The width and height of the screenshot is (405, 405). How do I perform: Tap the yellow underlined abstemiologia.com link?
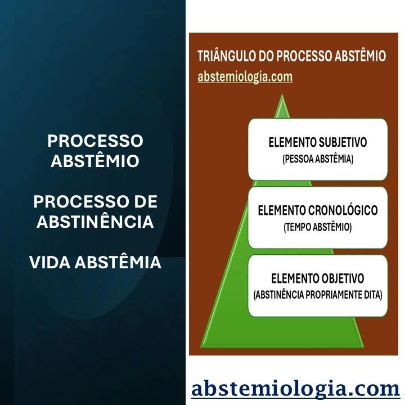click(245, 76)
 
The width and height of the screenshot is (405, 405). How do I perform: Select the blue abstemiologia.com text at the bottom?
click(295, 389)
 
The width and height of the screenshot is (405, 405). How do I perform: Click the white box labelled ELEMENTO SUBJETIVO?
click(318, 149)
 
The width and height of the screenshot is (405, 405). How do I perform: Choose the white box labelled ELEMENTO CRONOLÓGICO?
click(318, 218)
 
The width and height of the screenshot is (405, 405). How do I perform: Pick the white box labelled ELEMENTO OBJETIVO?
click(318, 285)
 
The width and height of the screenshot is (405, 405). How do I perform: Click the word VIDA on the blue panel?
click(52, 262)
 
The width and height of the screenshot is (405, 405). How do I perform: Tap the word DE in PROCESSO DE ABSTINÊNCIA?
click(146, 202)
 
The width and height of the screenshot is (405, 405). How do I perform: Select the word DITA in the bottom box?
click(372, 295)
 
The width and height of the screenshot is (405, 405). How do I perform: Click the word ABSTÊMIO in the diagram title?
click(358, 56)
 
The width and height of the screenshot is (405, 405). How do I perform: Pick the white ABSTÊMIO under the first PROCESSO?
click(95, 161)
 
